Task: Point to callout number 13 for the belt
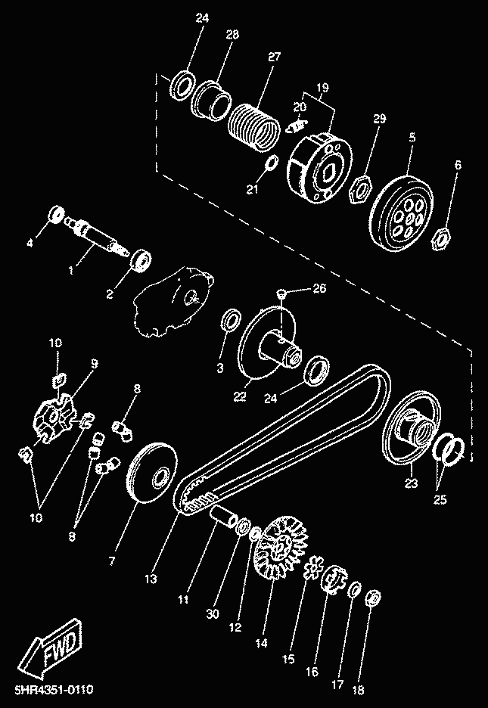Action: (x=151, y=579)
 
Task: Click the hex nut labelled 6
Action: (x=440, y=240)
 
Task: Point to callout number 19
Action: (x=322, y=87)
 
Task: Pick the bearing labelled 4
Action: (x=56, y=214)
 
